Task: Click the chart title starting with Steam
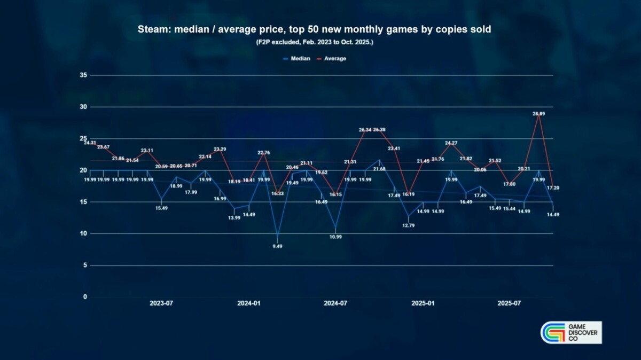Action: click(315, 30)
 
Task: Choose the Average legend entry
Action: click(335, 58)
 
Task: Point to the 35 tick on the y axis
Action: click(83, 75)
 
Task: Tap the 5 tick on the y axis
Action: click(85, 265)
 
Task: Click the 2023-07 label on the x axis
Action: click(161, 303)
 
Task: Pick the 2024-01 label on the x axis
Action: click(248, 303)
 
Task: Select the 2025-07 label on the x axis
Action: click(509, 303)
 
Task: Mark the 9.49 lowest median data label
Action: click(277, 246)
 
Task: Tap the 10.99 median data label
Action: click(335, 237)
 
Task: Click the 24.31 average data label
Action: click(90, 143)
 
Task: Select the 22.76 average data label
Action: click(263, 153)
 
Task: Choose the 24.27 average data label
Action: click(451, 143)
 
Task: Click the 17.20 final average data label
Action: click(553, 188)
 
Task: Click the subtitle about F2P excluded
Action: click(315, 42)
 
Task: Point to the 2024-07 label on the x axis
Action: click(335, 303)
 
